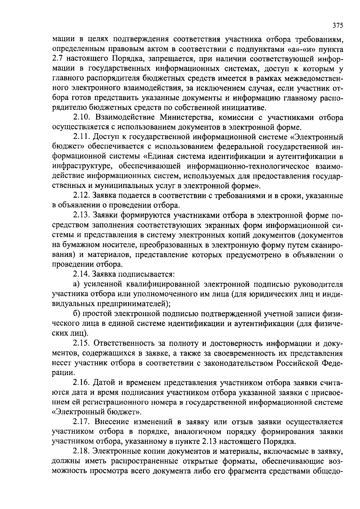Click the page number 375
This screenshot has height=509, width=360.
pyautogui.click(x=337, y=25)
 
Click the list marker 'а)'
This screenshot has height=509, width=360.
pyautogui.click(x=76, y=284)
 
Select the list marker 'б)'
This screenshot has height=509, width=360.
pyautogui.click(x=76, y=314)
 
